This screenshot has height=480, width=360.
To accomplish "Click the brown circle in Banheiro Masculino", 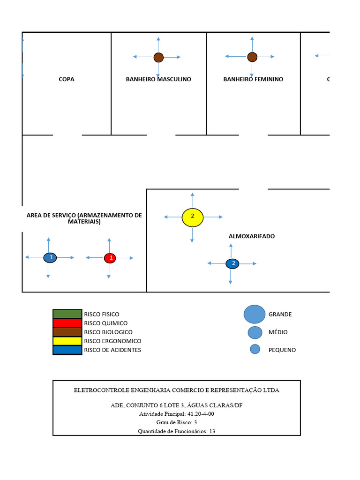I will (x=158, y=57).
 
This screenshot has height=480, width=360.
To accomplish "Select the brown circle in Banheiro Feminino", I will (x=252, y=57).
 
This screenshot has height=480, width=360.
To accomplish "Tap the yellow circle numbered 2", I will (x=192, y=217).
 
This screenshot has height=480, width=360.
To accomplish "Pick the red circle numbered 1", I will (x=110, y=258).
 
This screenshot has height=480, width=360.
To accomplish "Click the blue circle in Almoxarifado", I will (x=232, y=263).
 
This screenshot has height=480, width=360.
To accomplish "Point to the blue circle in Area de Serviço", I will (x=50, y=257).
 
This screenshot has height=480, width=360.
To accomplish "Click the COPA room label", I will (x=66, y=79).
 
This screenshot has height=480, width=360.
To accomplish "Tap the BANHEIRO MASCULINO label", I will (x=158, y=79).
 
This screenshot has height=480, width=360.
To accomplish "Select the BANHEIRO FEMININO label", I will (x=253, y=79).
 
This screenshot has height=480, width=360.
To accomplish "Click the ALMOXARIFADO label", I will (x=252, y=236).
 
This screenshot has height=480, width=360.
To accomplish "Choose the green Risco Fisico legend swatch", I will (x=67, y=314).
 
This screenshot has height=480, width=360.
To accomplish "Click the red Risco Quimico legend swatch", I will (x=67, y=323).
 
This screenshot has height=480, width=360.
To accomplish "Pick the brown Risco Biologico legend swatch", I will (x=67, y=332).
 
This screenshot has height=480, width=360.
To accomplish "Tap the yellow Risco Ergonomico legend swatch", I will (x=67, y=341).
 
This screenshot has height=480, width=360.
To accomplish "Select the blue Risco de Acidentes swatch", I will (x=67, y=350).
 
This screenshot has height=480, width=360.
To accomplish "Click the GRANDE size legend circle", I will (x=255, y=314).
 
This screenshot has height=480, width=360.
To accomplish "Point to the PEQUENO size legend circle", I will (x=255, y=349).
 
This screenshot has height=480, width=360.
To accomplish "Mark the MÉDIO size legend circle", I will (x=255, y=332).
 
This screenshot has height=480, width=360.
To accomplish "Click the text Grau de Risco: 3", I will (x=177, y=422).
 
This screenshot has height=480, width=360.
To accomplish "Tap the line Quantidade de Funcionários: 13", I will (x=176, y=431).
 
